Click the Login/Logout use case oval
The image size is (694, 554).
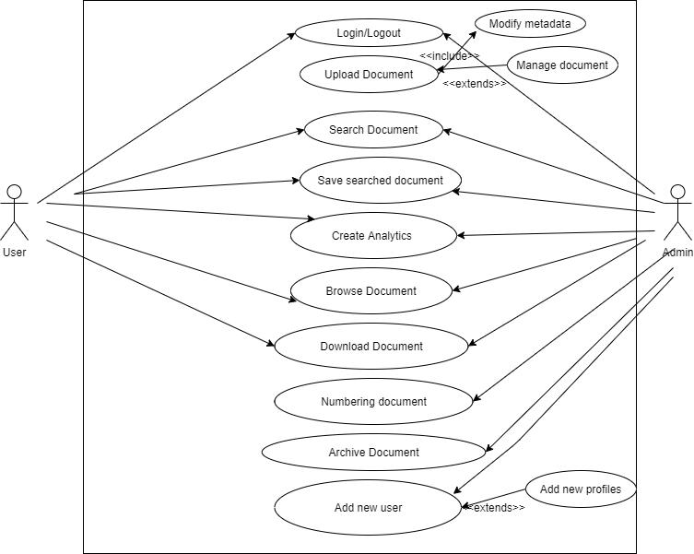pos(368,33)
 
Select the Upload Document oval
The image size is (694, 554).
pos(369,75)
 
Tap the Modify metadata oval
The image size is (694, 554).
pos(529,23)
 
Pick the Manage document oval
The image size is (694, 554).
pos(561,65)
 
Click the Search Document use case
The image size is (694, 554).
pos(373,130)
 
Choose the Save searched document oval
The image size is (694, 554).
pos(380,181)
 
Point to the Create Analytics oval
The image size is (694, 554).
pos(371,236)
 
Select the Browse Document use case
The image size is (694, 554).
pos(371,291)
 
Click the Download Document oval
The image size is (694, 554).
pos(371,347)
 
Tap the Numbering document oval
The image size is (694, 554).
pos(373,402)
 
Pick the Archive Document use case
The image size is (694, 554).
pos(373,453)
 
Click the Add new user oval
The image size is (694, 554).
pos(368,508)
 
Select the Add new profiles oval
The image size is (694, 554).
pos(580,489)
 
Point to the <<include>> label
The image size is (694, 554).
pos(450,56)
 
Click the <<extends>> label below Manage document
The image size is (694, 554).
pos(474,84)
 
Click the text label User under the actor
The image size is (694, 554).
pos(14,253)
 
